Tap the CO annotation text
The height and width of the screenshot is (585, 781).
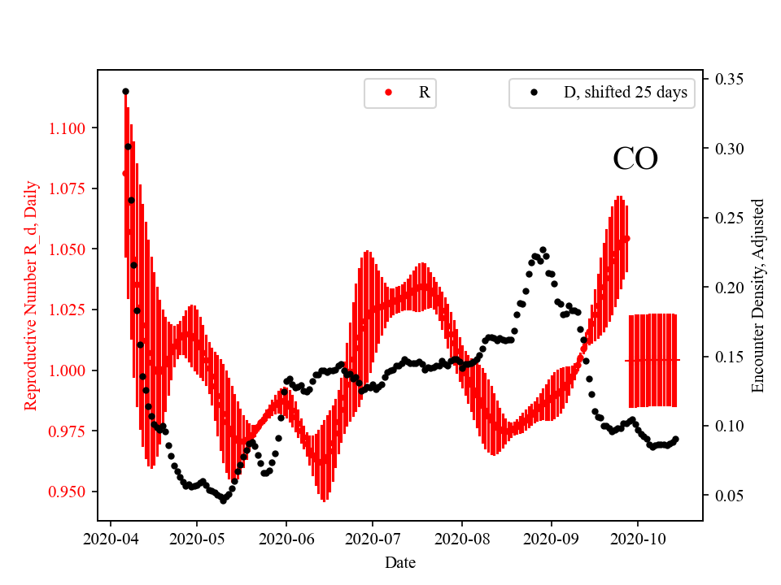[x=635, y=159]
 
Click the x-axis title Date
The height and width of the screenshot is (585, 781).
[x=400, y=561]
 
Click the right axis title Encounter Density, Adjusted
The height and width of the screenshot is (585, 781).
[x=758, y=295]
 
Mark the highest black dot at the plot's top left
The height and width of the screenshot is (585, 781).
[x=125, y=92]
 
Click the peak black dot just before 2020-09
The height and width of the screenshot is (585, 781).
[x=543, y=250]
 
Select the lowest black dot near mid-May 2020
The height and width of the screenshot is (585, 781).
[x=223, y=500]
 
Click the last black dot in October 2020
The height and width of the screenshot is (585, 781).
[x=676, y=440]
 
